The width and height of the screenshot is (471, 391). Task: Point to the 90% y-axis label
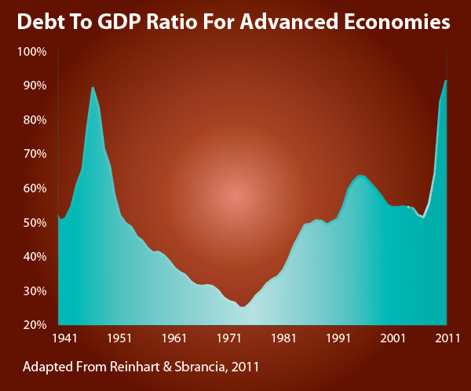[35, 85]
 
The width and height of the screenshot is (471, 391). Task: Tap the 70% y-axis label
[35, 153]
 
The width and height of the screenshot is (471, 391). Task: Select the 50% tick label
[35, 222]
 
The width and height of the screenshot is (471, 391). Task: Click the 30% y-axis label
[35, 291]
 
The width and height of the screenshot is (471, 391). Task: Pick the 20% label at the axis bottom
[35, 324]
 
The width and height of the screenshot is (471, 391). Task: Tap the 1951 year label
[119, 338]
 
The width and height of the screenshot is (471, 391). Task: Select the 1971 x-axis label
[229, 338]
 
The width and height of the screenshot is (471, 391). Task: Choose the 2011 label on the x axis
[447, 338]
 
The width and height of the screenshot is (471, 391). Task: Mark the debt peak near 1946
[93, 87]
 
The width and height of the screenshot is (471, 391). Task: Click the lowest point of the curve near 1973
[243, 306]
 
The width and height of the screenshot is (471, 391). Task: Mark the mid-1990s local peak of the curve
[360, 176]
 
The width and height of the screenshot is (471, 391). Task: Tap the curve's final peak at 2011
[446, 80]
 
